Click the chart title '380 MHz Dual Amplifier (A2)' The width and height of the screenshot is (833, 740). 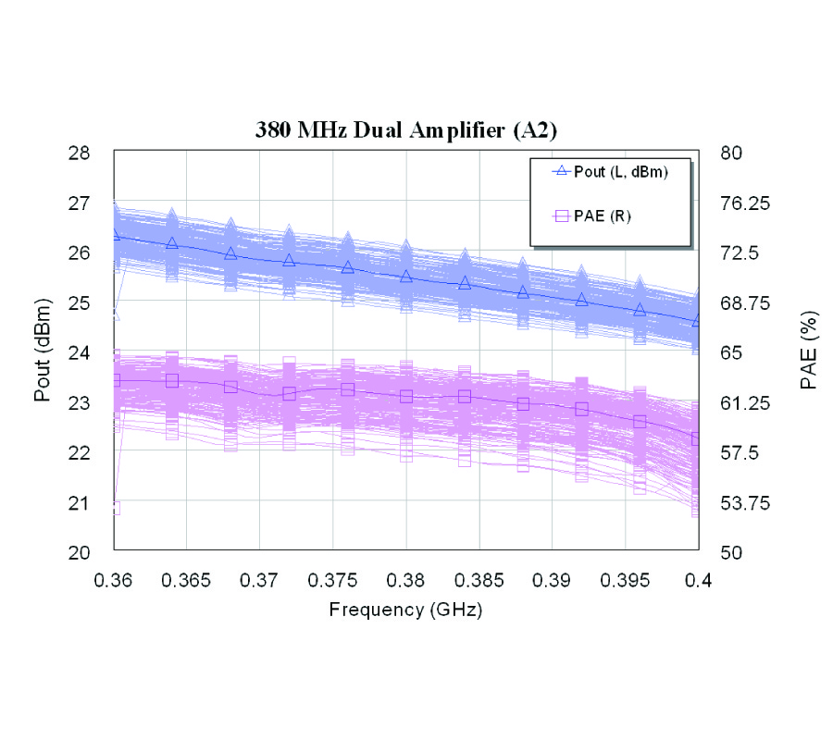point(405,130)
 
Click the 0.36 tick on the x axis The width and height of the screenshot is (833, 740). point(113,580)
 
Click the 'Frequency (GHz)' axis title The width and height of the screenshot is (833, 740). point(405,610)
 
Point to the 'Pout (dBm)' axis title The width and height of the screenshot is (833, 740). point(43,352)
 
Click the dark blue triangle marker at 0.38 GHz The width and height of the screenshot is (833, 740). point(406,276)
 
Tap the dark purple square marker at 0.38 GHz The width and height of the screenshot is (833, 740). point(406,397)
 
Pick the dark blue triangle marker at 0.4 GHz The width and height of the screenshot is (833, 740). point(697,320)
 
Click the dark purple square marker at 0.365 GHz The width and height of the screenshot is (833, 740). point(172,380)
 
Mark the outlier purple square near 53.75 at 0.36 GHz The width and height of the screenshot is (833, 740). point(114,507)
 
